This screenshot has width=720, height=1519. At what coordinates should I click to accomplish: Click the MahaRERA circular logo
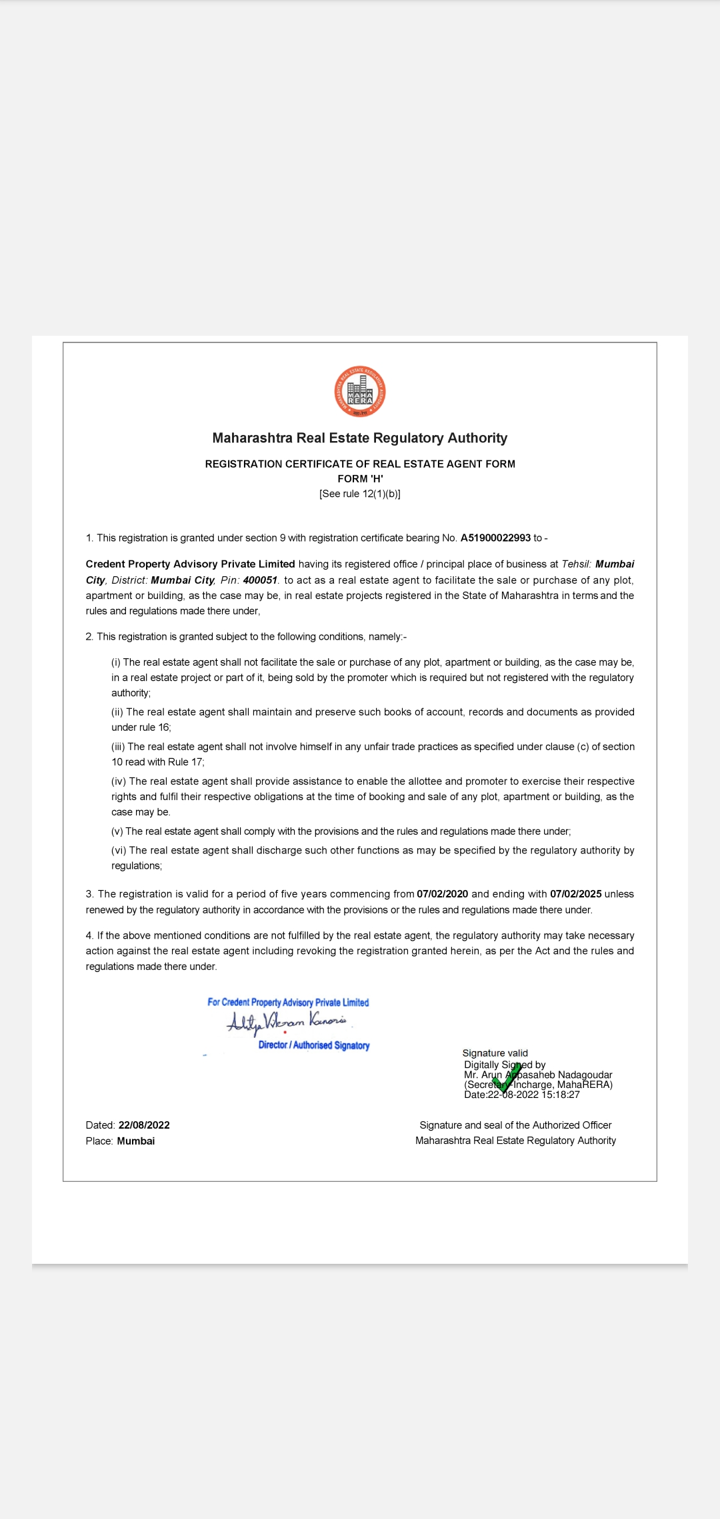tap(360, 392)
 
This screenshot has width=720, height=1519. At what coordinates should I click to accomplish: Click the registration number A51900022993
tap(495, 538)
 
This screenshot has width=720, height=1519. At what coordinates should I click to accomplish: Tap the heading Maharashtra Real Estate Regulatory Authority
tap(360, 438)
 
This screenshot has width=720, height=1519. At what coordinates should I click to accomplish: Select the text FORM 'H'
tap(360, 479)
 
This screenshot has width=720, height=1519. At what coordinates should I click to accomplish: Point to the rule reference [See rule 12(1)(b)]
tap(360, 494)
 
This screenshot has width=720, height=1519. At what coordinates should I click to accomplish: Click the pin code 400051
tap(260, 580)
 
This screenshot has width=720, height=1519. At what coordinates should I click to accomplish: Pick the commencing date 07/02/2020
tap(443, 894)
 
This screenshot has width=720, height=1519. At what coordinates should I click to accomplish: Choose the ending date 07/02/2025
tap(576, 894)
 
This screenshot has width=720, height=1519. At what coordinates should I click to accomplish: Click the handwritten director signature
tap(287, 1022)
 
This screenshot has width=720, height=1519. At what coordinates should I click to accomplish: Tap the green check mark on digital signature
tap(507, 1078)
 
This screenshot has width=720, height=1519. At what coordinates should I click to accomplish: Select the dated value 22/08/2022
tap(144, 1125)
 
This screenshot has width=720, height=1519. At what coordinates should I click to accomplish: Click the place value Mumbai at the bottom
tap(136, 1141)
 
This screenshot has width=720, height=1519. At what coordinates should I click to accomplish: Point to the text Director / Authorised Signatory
tap(314, 1045)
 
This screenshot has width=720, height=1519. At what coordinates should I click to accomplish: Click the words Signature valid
tap(495, 1053)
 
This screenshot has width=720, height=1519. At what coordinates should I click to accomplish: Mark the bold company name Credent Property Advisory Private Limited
tap(190, 564)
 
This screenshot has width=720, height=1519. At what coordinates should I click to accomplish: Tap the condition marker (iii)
tap(118, 747)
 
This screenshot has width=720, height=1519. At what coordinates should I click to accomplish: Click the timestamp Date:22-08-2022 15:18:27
tap(522, 1095)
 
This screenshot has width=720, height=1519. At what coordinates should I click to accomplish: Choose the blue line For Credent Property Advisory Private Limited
tap(288, 1003)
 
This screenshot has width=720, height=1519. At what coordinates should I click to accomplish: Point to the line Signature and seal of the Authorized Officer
tap(515, 1125)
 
